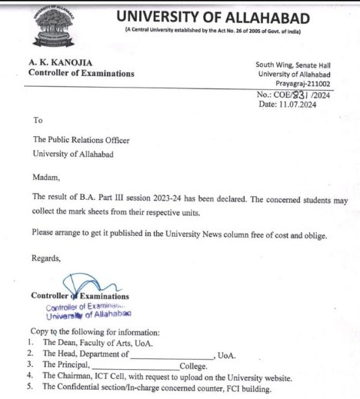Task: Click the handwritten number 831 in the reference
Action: coord(312,94)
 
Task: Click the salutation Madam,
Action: coord(45,177)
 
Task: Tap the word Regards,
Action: coord(46,258)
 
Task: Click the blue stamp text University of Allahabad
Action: coord(88,314)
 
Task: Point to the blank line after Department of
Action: coord(171,354)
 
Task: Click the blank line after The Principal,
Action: coord(140,366)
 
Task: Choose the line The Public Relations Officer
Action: coord(81,140)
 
